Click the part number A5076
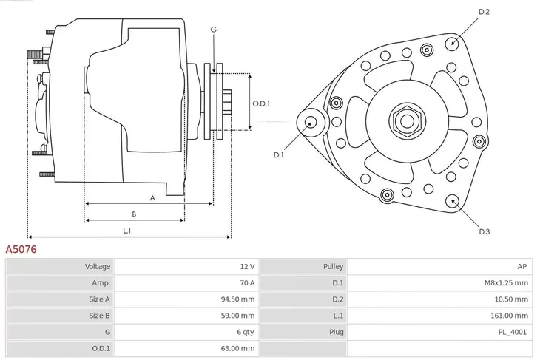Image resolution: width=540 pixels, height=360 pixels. tap(21, 250)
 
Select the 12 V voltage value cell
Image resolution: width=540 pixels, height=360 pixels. tap(247, 266)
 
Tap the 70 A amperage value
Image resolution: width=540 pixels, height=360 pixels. tap(246, 282)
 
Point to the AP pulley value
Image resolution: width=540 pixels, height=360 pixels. tap(522, 266)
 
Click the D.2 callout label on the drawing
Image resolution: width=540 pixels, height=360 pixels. tap(485, 12)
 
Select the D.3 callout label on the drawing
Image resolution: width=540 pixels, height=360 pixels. tap(485, 231)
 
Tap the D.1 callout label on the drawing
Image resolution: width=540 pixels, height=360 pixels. tap(279, 154)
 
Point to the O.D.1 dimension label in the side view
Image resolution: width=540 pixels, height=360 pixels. tap(261, 103)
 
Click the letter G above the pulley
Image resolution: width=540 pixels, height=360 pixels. tap(213, 29)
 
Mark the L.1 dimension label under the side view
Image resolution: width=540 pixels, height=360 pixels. tap(126, 231)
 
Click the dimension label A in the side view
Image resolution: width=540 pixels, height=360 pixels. tap(152, 197)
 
